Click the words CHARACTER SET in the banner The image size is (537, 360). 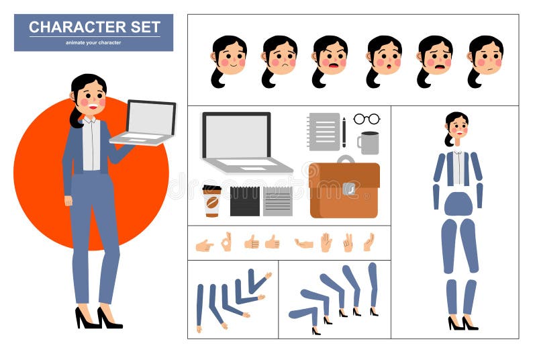point(94,28)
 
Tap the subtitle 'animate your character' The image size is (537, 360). point(93,42)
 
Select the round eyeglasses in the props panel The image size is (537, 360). point(367,119)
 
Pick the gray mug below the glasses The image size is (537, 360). point(369,142)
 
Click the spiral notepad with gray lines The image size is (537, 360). point(324,131)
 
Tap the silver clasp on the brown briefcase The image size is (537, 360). point(348,189)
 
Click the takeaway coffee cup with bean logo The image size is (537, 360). point(212,201)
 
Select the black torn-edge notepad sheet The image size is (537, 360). point(244,200)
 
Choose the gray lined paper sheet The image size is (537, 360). point(277,200)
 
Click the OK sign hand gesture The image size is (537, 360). point(226,242)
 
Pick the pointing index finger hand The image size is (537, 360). point(204,245)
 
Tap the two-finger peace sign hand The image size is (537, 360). point(348,242)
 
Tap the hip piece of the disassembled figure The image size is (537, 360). point(458,204)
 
